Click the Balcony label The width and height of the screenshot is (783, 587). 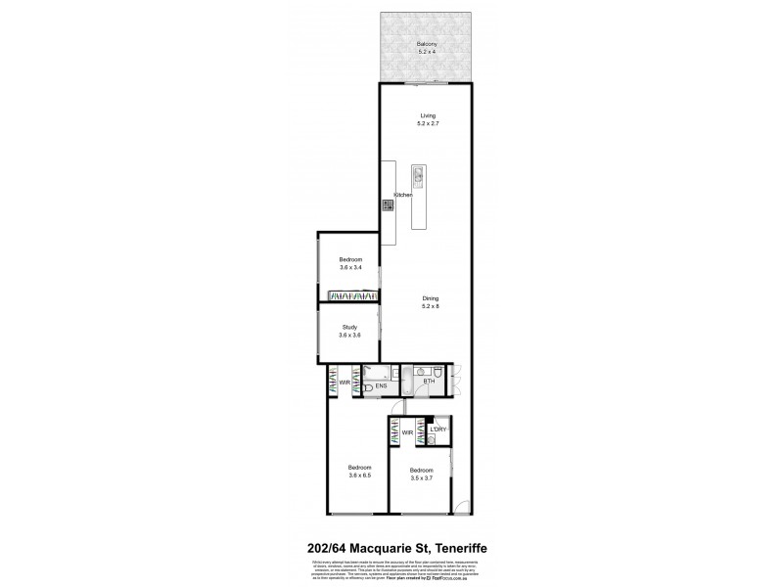tap(425, 44)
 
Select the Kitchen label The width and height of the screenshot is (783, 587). tap(403, 196)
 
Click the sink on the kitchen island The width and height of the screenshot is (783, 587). tap(418, 177)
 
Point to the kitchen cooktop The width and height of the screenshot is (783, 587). tap(387, 205)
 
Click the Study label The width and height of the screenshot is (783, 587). tap(349, 327)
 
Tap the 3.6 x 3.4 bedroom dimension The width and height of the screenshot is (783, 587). tap(350, 267)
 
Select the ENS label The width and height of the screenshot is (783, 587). tap(382, 386)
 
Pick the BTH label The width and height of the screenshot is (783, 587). tap(429, 381)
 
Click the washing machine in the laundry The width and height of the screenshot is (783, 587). tap(431, 441)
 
